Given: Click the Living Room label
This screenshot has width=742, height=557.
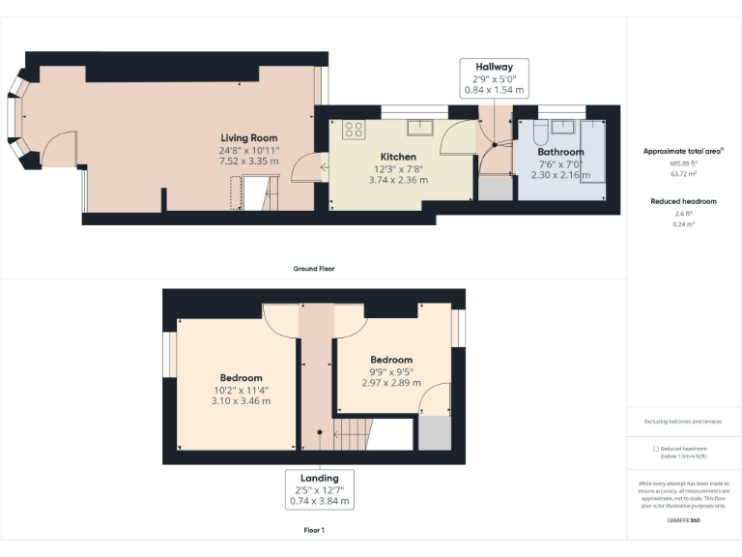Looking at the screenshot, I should click(248, 138).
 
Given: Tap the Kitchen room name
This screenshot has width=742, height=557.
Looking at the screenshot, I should click(398, 157).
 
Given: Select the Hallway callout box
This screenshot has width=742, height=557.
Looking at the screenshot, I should click(493, 78).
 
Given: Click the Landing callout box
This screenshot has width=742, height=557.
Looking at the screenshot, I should click(319, 489).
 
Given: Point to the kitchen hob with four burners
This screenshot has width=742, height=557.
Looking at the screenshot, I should click(354, 129).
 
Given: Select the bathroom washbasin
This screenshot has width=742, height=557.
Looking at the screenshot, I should click(564, 127).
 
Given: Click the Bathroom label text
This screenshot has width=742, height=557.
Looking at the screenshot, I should click(560, 152).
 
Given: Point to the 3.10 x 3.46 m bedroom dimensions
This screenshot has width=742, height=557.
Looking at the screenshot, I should click(241, 400).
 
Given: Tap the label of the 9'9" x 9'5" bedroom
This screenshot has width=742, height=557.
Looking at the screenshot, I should click(391, 360).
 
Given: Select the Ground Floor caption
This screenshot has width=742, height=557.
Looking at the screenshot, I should click(314, 268).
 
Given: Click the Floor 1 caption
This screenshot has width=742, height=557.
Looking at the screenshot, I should click(314, 530).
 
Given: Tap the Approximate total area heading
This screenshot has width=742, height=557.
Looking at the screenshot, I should click(683, 151).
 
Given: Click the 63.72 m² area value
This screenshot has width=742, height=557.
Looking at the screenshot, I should click(683, 174).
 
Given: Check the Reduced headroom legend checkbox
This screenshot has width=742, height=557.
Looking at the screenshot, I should click(656, 449).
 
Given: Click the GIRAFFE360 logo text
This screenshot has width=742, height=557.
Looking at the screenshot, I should click(683, 520).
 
